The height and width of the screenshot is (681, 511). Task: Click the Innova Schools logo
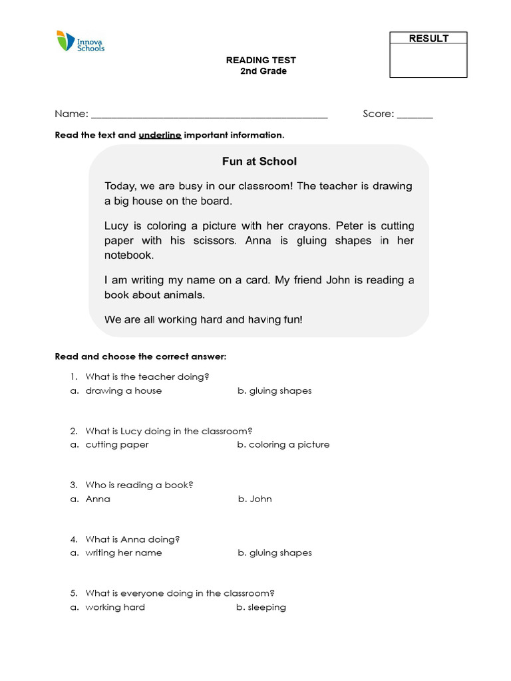80,41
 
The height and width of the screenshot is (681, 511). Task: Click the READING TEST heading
261,61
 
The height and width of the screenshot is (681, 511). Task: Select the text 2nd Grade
263,71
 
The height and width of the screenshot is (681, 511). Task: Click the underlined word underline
160,135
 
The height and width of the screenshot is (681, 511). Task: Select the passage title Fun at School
259,162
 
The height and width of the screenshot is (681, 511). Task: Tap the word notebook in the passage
129,255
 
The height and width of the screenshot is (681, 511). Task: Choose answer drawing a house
124,391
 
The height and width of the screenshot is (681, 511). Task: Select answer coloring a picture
289,445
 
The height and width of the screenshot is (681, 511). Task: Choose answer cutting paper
117,445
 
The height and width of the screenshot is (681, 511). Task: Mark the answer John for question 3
260,499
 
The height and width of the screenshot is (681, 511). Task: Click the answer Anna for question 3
98,499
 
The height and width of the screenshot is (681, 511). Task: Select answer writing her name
124,553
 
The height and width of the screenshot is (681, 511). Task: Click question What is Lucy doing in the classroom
169,431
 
